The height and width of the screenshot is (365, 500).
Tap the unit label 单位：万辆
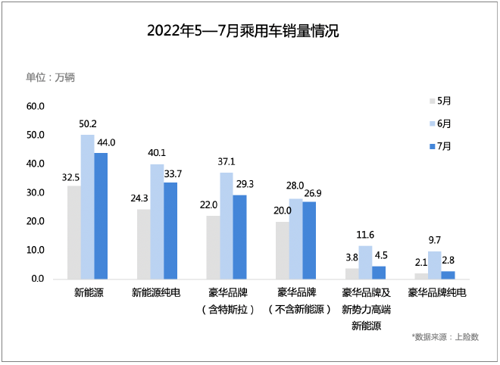point(50,77)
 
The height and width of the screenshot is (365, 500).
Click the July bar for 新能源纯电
point(170,230)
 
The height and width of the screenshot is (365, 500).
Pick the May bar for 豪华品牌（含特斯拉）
point(214,247)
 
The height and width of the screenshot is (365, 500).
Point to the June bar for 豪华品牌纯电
point(434,265)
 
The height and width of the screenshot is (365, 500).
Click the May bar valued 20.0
point(282,250)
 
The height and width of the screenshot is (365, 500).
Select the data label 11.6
point(365,235)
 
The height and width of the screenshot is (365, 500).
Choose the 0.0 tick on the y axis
point(38,279)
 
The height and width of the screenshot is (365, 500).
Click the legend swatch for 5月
point(433,100)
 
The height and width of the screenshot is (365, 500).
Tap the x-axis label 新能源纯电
point(156,292)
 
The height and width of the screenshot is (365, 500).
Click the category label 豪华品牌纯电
point(434,292)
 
